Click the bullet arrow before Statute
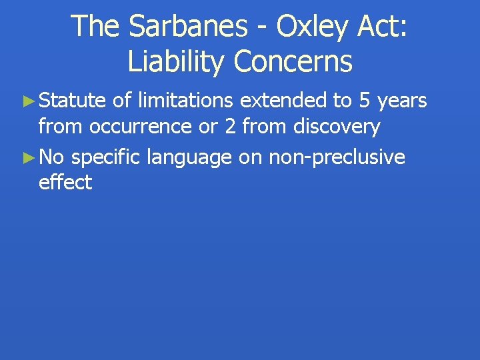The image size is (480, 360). [27, 101]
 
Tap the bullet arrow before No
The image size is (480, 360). [27, 158]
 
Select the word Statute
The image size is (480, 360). [73, 101]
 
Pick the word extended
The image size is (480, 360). [283, 101]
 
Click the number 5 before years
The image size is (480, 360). [364, 101]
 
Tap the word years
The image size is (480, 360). [402, 102]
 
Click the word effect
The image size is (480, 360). [65, 182]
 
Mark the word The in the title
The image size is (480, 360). [95, 26]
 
